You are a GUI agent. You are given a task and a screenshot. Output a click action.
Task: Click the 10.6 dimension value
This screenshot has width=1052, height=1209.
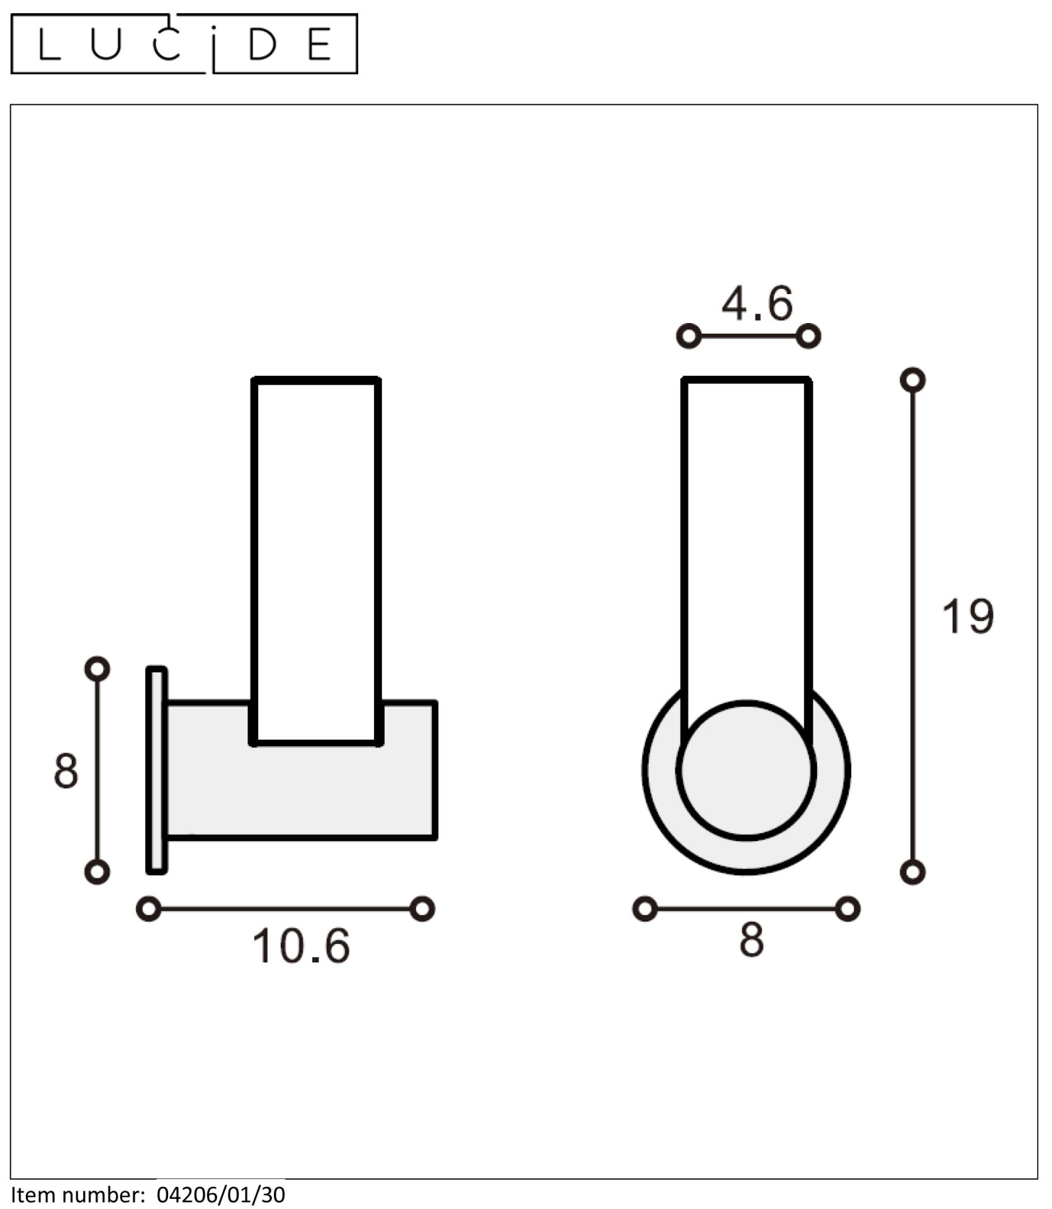tap(300, 963)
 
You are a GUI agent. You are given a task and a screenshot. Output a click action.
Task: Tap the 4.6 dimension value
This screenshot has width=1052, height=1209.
tap(757, 304)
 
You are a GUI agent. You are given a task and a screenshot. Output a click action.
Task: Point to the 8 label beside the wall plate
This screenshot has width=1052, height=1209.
tap(66, 770)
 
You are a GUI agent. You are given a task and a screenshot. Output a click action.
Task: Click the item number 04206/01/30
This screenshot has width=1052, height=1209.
tap(221, 1195)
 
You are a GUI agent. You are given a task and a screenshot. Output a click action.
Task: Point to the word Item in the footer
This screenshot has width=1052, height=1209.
tap(31, 1195)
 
